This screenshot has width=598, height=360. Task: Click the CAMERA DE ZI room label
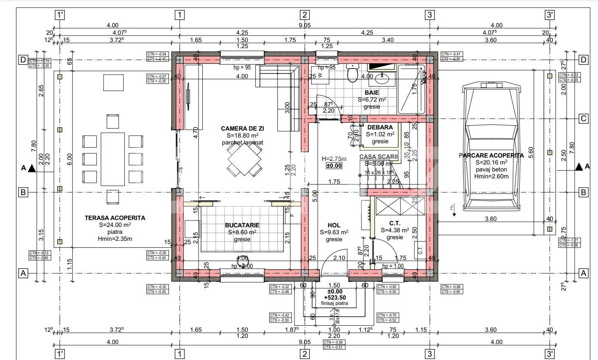(x=242, y=129)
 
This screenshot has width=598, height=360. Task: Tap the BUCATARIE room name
(x=242, y=225)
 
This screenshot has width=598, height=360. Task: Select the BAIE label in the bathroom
(x=372, y=93)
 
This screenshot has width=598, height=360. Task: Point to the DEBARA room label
(x=380, y=127)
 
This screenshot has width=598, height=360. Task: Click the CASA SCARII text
(x=379, y=156)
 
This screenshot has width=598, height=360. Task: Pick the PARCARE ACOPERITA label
(x=491, y=156)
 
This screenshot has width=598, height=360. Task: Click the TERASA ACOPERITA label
(x=115, y=218)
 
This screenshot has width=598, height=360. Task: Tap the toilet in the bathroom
(x=351, y=73)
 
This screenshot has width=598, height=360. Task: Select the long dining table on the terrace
(x=113, y=159)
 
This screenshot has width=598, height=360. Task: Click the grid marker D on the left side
(x=23, y=60)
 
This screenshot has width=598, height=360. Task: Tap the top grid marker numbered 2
(x=304, y=15)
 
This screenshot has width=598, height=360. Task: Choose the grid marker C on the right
(x=584, y=118)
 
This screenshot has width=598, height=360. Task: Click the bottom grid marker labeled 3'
(x=550, y=353)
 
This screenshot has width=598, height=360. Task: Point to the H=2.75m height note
(x=334, y=159)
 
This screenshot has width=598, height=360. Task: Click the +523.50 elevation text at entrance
(x=334, y=298)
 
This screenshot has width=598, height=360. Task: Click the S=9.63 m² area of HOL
(x=334, y=232)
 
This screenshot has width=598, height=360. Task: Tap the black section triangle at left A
(x=32, y=168)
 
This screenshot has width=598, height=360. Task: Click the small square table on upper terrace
(x=113, y=82)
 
